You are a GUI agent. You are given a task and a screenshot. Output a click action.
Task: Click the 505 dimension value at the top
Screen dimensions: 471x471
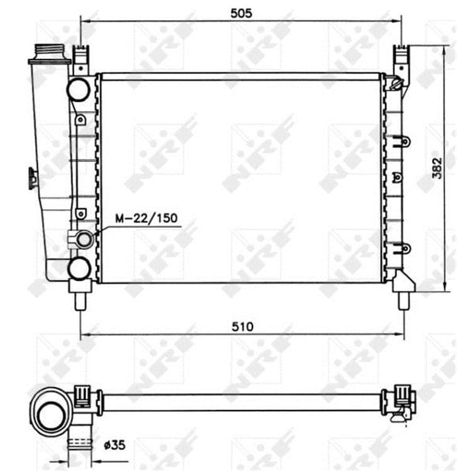(241, 13)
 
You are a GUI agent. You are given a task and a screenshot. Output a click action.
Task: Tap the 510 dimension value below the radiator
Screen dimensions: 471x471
(242, 327)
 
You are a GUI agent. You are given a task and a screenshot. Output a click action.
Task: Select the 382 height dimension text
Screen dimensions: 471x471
(437, 168)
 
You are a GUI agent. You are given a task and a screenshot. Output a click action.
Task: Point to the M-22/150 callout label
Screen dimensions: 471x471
(146, 218)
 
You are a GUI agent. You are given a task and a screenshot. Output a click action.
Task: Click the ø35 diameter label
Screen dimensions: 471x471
(114, 445)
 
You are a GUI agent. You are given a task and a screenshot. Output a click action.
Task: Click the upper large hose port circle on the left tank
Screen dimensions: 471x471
(78, 89)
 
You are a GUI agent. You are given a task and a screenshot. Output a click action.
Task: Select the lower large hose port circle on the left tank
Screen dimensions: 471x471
(79, 269)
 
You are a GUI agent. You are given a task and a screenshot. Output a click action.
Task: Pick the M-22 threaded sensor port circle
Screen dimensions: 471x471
(84, 240)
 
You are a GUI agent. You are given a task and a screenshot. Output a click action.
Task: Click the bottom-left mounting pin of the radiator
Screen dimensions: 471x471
(80, 301)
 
